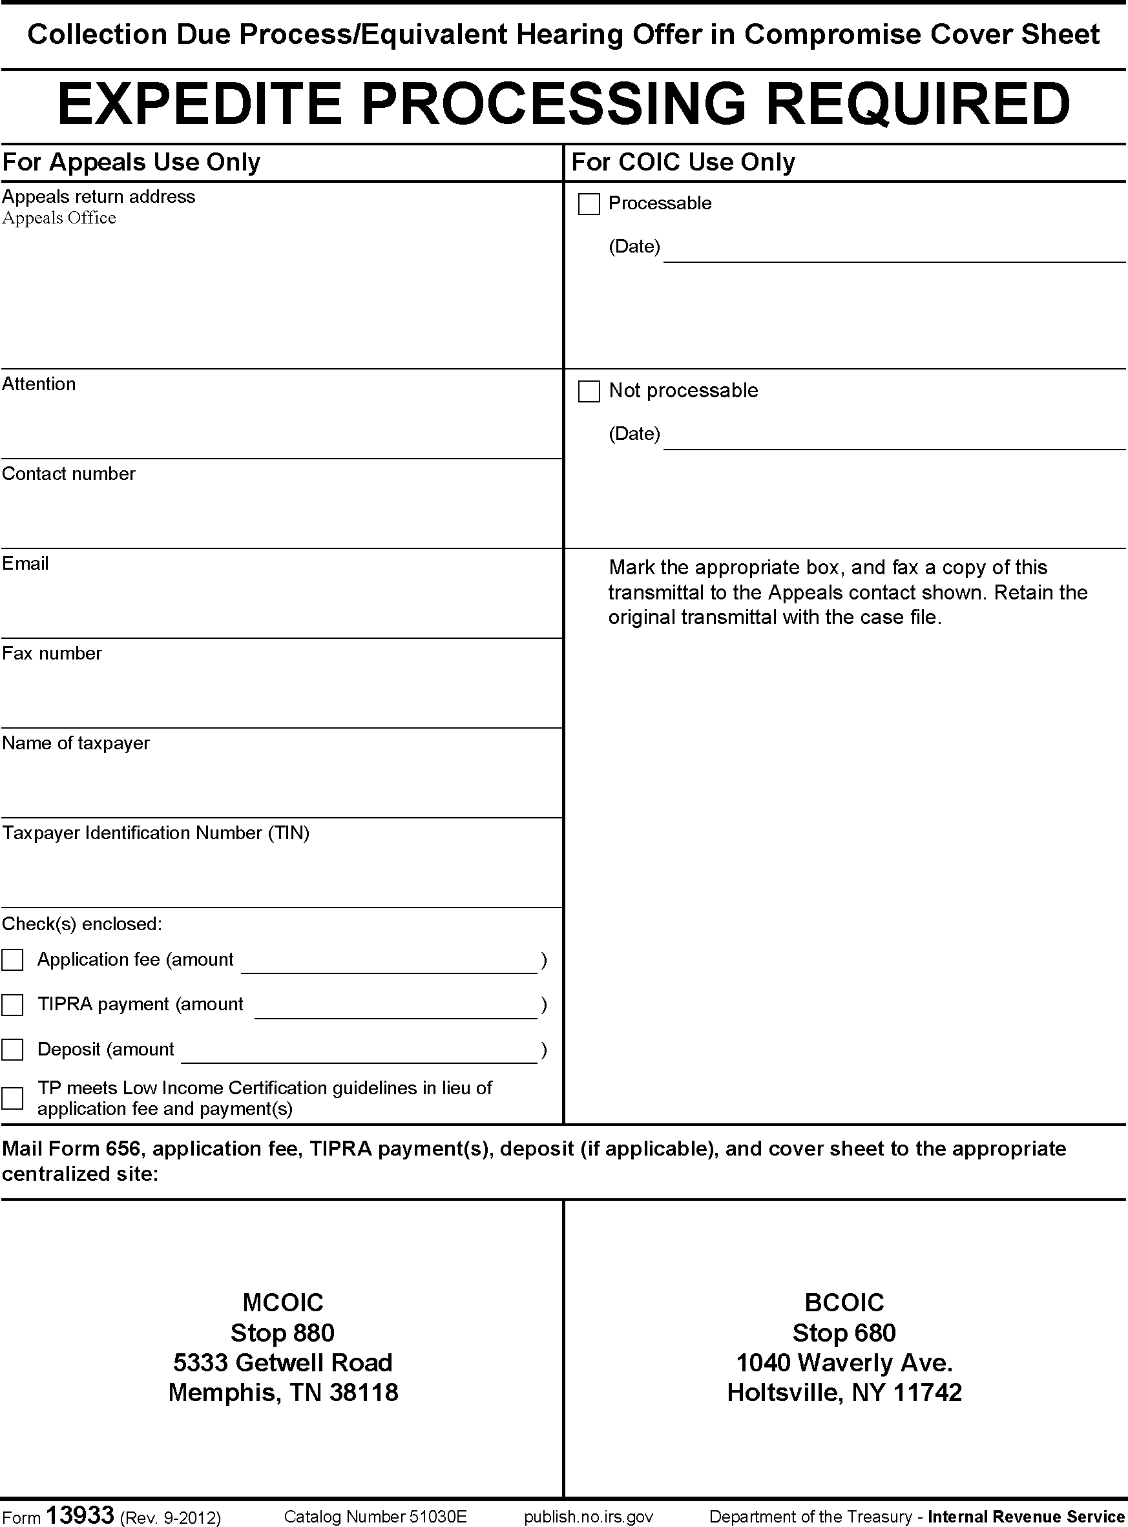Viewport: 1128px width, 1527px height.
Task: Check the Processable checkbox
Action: (x=589, y=204)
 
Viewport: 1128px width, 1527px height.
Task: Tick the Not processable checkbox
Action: (x=589, y=391)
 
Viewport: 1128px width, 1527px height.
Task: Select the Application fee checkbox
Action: (x=12, y=960)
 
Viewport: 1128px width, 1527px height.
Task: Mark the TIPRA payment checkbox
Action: (x=12, y=1005)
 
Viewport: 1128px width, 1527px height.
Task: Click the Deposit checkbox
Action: (x=12, y=1049)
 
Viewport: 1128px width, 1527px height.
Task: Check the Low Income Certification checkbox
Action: (x=12, y=1097)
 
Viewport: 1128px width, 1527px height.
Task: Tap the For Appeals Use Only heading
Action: (x=131, y=163)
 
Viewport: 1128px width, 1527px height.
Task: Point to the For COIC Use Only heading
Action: (x=683, y=163)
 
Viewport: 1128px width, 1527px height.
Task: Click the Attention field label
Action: (x=39, y=384)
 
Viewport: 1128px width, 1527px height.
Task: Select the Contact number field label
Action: (x=69, y=473)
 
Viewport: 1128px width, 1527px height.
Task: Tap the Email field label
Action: (x=25, y=563)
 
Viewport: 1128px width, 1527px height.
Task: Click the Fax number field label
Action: (x=52, y=653)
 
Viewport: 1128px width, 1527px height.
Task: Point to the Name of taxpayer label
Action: (x=76, y=743)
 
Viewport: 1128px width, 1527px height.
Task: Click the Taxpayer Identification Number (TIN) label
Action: (x=156, y=833)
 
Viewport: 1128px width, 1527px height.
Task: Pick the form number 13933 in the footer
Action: (x=79, y=1515)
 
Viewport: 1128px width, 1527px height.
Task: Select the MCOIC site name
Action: (x=283, y=1302)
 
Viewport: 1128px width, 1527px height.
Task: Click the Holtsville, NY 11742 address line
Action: (x=844, y=1393)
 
